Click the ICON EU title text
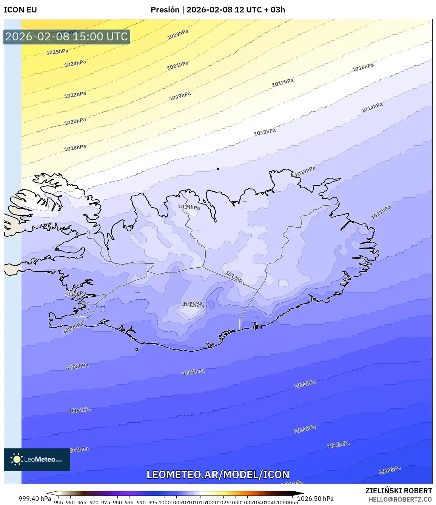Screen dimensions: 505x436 (20, 10)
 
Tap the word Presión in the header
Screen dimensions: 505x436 (165, 10)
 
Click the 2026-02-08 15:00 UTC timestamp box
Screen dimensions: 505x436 (66, 37)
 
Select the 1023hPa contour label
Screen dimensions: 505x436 (178, 35)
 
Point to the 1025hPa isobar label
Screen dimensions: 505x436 (57, 52)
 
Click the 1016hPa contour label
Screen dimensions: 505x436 (363, 68)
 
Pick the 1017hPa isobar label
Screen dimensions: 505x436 (282, 83)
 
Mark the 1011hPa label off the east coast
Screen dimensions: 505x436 (381, 212)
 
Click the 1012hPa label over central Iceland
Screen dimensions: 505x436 (235, 278)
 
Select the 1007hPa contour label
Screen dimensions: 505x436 (193, 372)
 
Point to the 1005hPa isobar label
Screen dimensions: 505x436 (305, 385)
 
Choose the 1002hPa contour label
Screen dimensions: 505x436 (338, 445)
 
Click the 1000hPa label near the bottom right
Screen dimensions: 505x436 (390, 470)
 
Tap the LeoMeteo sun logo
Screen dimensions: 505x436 (16, 459)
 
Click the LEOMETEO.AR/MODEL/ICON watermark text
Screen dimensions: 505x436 (218, 474)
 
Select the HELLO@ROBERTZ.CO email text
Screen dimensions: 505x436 (400, 499)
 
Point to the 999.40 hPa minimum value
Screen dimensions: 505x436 (35, 499)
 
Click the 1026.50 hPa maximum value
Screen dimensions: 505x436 (316, 499)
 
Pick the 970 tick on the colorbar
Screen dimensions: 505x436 (94, 502)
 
